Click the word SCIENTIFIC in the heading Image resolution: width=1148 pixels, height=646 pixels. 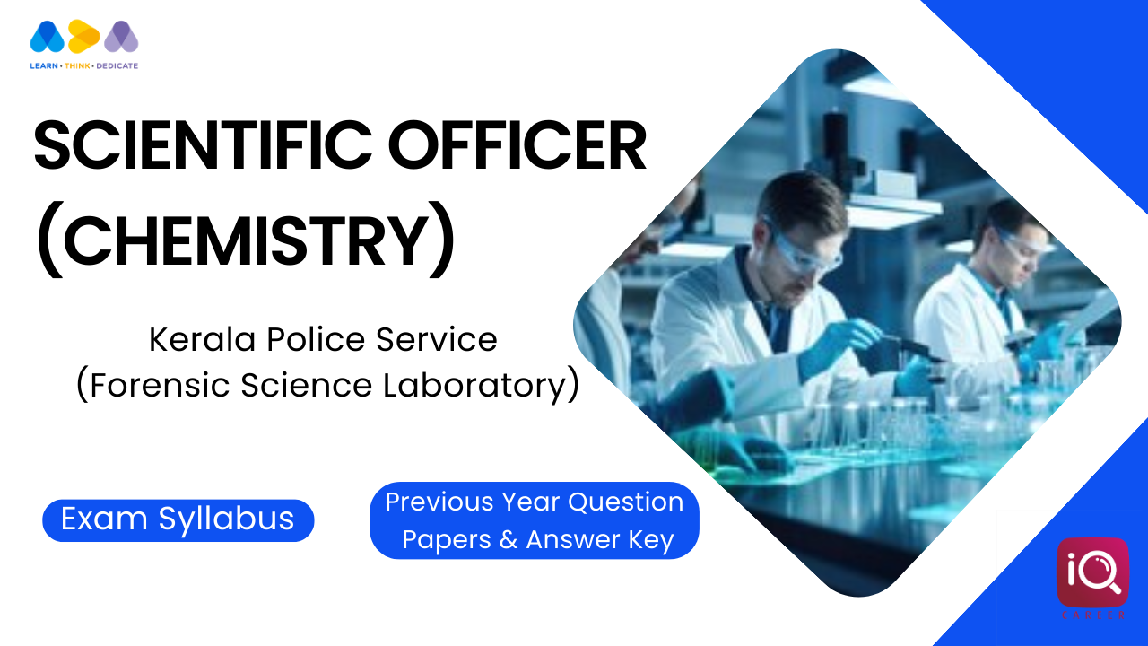pos(203,145)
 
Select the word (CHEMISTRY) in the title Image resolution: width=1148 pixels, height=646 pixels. pos(245,240)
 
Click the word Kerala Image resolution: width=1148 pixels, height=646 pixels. pos(202,339)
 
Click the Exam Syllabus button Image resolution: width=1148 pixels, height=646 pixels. pos(178,519)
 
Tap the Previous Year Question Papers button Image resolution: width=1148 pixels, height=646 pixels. pos(535,520)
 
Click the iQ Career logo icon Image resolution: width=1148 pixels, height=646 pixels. pos(1092,572)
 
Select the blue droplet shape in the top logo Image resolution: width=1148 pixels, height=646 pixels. pos(48,37)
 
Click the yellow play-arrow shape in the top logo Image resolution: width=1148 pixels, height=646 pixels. pos(83,37)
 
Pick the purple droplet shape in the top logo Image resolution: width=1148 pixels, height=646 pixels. pos(121,37)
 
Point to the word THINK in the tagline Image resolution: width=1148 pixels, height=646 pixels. pos(77,65)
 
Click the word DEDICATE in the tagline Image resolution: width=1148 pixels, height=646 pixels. pos(117,65)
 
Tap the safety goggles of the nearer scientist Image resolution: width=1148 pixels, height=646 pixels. pos(801,249)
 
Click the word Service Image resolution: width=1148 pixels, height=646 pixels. pos(437,339)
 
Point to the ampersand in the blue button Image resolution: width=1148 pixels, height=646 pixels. pos(508,539)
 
